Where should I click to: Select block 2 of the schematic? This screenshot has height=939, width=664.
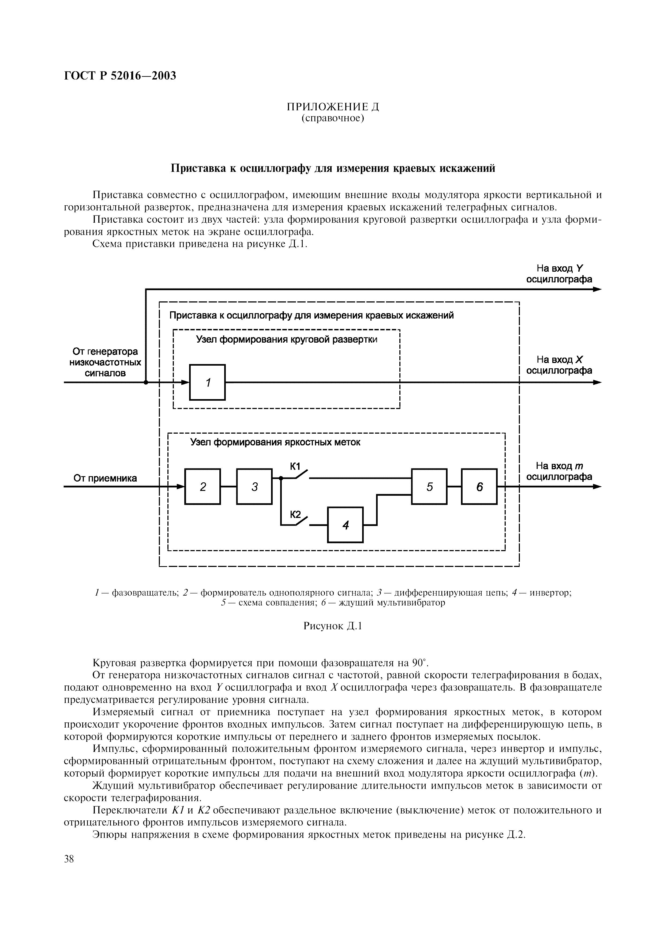(202, 486)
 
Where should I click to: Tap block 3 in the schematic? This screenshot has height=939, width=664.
(254, 486)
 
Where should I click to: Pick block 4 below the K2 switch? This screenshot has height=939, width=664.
(345, 525)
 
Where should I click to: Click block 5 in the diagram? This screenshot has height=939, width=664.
(429, 486)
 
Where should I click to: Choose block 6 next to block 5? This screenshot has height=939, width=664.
(479, 486)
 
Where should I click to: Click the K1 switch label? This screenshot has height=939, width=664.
(295, 467)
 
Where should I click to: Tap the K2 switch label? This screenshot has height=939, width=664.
(295, 514)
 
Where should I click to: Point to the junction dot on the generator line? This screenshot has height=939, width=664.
(146, 383)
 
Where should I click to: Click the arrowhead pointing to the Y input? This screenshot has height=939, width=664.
(597, 290)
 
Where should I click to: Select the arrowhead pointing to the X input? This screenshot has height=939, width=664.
(597, 383)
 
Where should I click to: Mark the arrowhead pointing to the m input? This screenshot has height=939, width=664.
(597, 487)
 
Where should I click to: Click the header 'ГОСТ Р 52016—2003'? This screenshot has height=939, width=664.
(120, 76)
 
